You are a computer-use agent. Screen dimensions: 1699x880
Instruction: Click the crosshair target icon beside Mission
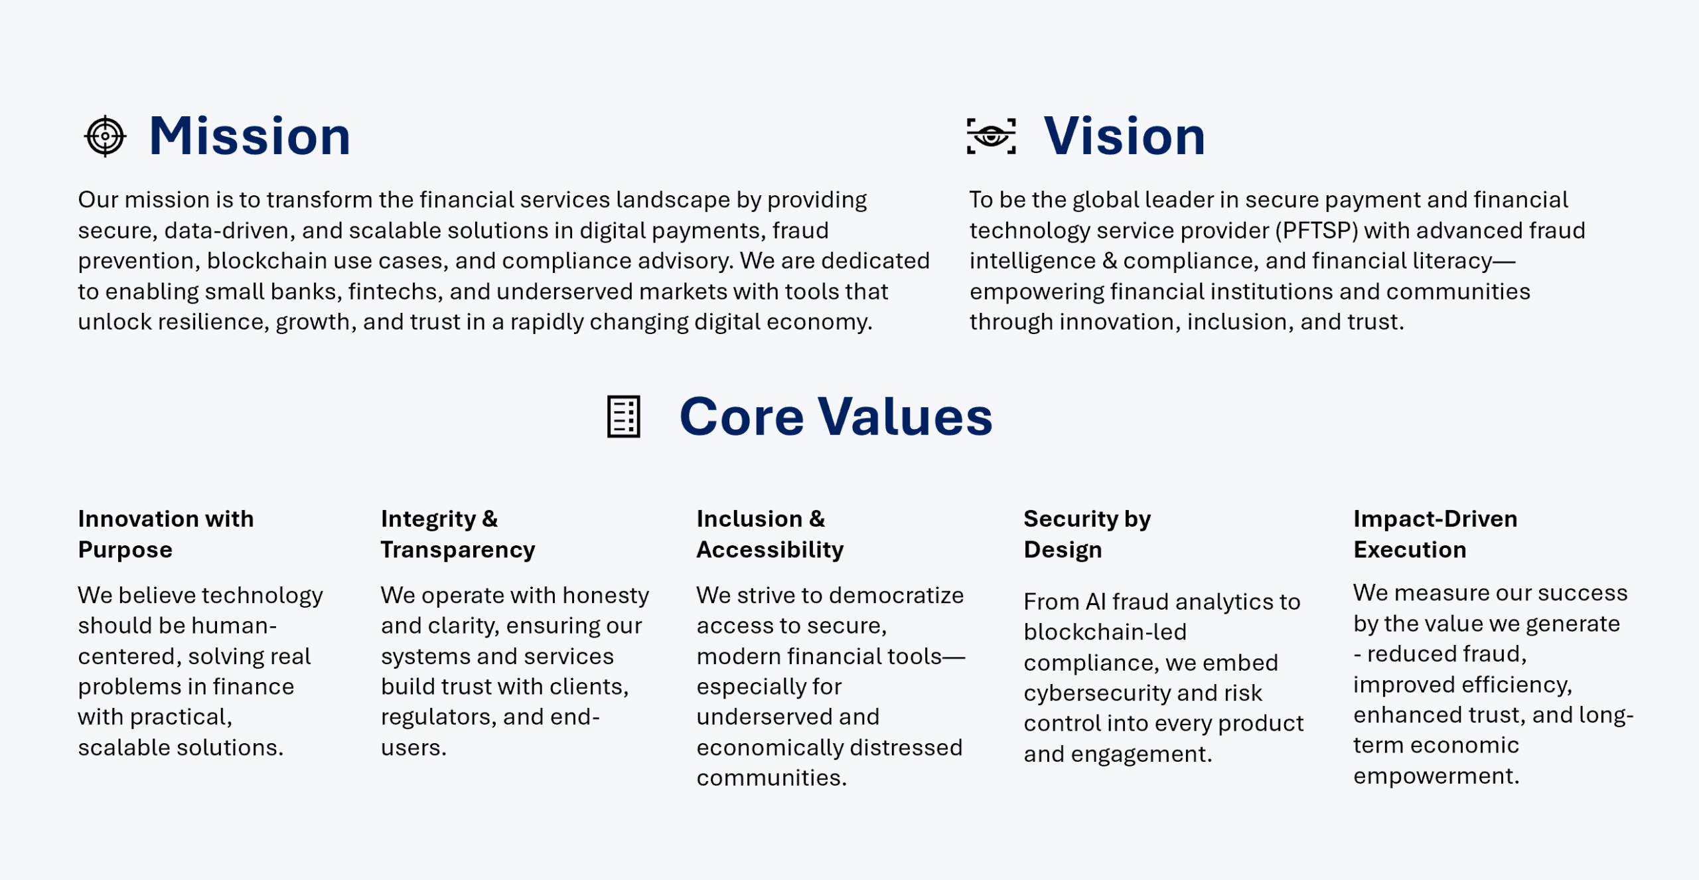click(105, 136)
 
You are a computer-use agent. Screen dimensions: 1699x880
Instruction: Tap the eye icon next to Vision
click(991, 136)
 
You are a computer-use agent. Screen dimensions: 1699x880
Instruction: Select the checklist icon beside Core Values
click(624, 416)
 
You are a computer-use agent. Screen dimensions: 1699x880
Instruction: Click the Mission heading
click(250, 136)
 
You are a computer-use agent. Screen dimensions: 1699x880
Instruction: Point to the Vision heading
click(1124, 136)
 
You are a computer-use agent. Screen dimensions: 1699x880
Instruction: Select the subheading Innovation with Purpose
click(166, 534)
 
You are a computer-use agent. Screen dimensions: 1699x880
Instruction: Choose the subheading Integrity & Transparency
click(458, 534)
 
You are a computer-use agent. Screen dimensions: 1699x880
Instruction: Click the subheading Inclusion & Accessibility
click(770, 534)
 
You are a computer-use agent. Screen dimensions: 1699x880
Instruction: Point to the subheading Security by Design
click(1087, 534)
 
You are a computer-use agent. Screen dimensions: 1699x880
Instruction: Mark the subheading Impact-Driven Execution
click(1436, 534)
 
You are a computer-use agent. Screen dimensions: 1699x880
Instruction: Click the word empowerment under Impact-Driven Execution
click(1436, 776)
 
